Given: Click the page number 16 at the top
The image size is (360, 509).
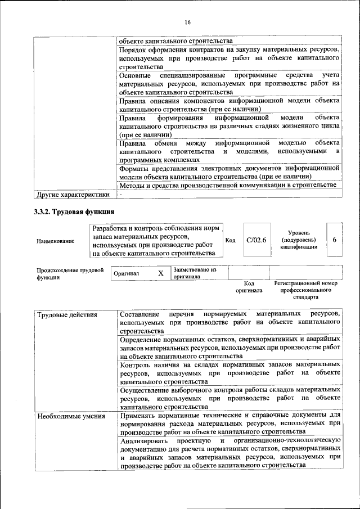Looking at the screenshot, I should pos(187,22).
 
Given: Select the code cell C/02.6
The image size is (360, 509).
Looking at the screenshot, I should pos(256,240).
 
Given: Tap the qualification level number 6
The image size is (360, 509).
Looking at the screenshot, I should pos(335,240).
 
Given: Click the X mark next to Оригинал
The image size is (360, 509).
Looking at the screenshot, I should pos(160,273).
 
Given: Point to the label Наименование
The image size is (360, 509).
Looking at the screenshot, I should pos(55,241).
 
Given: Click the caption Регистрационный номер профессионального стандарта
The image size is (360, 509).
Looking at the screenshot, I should pos(305,290).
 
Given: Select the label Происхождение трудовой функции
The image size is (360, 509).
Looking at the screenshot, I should pos(70,274).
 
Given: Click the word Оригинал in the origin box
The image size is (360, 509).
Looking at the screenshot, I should pos(126,274).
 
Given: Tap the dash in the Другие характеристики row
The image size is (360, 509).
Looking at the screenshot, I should pos(120,195).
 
